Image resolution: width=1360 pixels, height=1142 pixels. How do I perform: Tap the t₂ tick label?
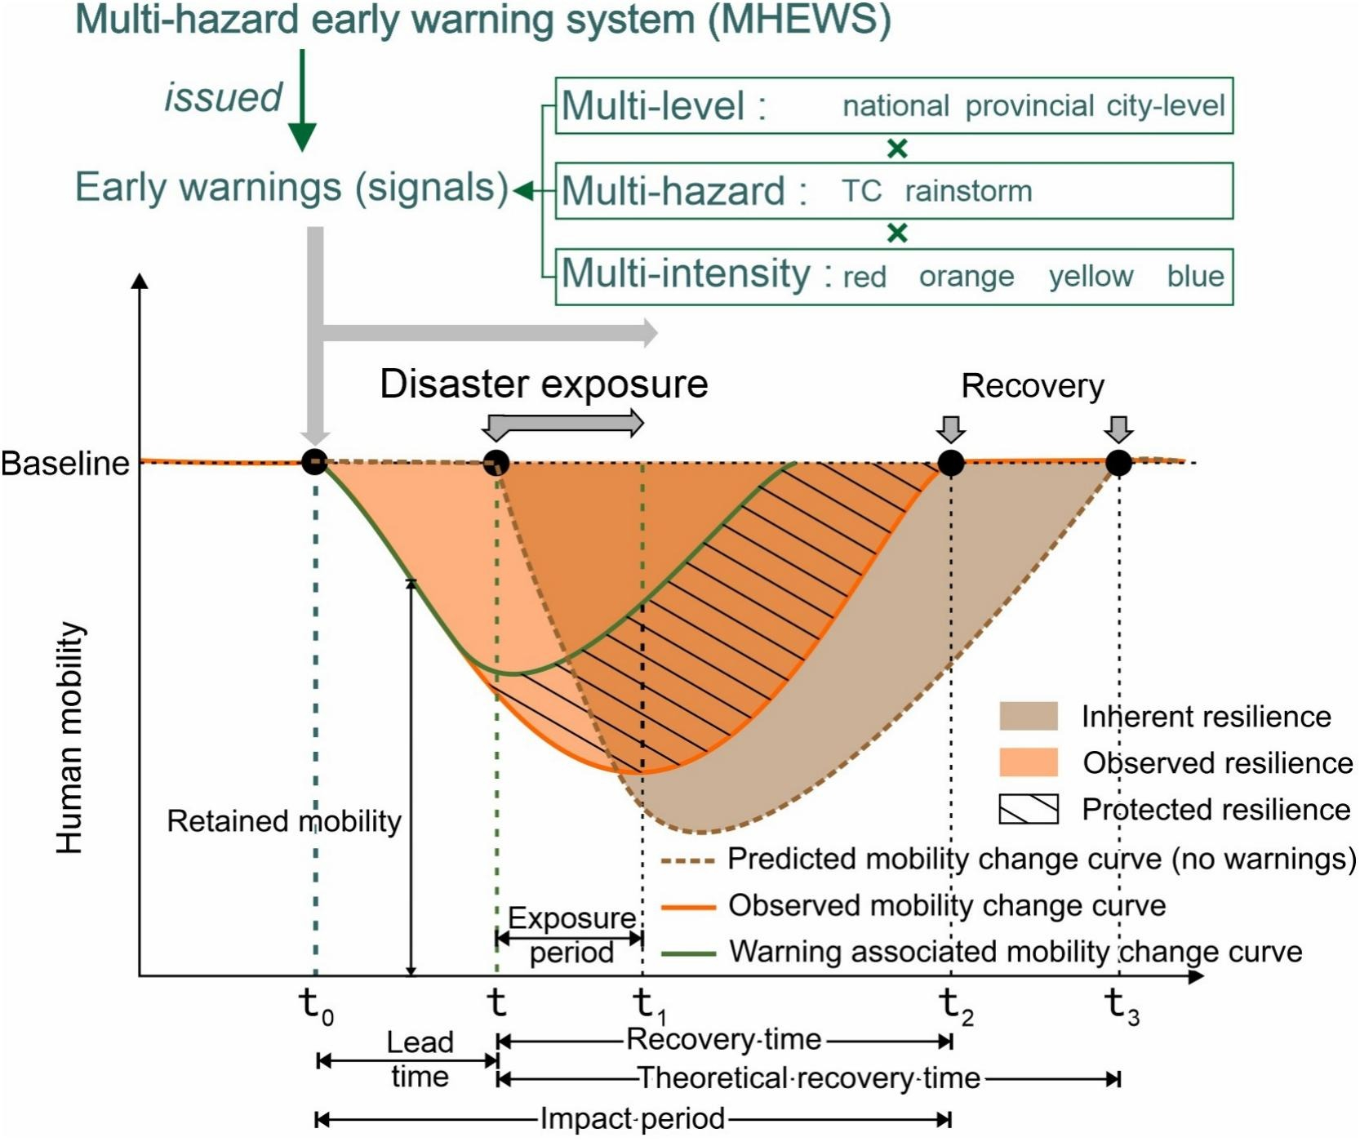(x=956, y=1006)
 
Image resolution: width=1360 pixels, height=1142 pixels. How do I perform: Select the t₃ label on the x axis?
(x=1122, y=1006)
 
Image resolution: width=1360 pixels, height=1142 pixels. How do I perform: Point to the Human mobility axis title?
(x=70, y=738)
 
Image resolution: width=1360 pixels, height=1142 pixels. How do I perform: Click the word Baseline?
(x=65, y=464)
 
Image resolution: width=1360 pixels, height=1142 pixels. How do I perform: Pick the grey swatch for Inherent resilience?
(x=1028, y=716)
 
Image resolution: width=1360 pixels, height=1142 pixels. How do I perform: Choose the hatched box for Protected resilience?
(x=1028, y=809)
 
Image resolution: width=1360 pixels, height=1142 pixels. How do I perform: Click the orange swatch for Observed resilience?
(x=1028, y=762)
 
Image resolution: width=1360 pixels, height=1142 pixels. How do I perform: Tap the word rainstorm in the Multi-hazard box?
(x=968, y=191)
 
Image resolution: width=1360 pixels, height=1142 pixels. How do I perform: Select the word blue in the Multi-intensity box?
(x=1195, y=276)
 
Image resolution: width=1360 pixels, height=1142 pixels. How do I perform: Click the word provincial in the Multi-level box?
(x=1029, y=106)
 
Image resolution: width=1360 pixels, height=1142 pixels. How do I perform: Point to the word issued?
(x=223, y=97)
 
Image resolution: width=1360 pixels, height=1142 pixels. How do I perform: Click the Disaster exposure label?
(x=544, y=384)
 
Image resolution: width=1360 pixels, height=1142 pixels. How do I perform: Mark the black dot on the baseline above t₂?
(x=950, y=463)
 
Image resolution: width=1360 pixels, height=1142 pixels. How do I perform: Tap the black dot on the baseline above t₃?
(x=1118, y=463)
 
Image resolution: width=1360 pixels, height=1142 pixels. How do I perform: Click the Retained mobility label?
(x=284, y=821)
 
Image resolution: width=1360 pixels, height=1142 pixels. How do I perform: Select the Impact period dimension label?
(x=633, y=1119)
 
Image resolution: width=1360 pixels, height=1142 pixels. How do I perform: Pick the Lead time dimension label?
(x=420, y=1060)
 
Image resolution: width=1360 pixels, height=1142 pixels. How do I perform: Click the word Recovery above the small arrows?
(x=1032, y=385)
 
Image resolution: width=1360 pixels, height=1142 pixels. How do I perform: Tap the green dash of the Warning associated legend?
(x=688, y=953)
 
